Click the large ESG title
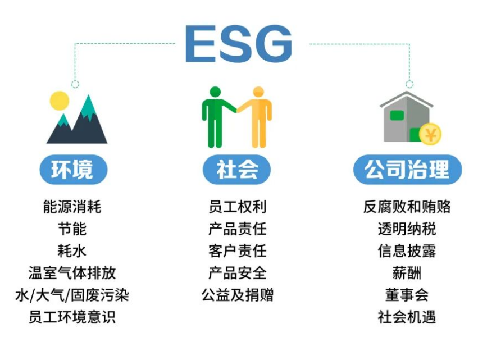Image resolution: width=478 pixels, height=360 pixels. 238,43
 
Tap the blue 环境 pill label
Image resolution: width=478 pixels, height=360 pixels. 73,169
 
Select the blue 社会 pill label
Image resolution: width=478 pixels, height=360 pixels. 237,169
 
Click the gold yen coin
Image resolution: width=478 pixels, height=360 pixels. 431,134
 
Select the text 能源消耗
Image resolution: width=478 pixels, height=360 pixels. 72,207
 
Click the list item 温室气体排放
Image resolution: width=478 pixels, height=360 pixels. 72,273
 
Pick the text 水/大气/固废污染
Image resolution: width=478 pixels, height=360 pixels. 72,295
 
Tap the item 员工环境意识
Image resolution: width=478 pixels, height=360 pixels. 72,317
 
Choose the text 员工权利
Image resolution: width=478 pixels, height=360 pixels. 237,207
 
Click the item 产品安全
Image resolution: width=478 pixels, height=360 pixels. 237,273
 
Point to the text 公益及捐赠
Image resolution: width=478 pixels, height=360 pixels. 237,295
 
